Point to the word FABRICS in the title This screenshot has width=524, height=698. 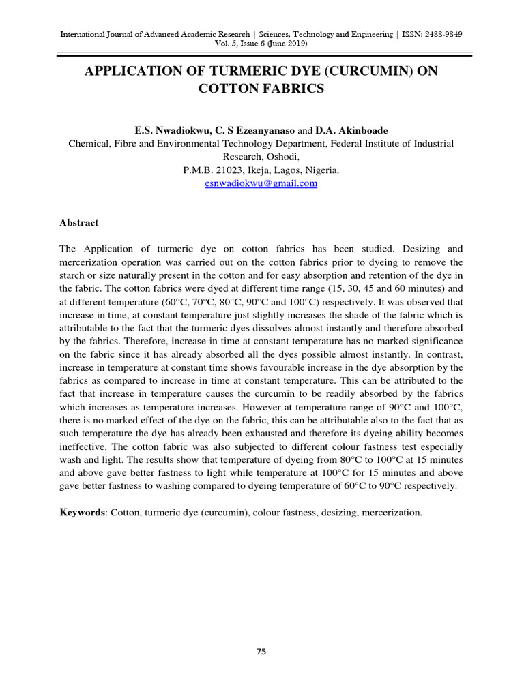pyautogui.click(x=292, y=89)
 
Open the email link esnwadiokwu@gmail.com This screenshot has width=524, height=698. pyautogui.click(x=261, y=183)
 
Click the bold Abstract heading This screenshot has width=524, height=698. pyautogui.click(x=79, y=222)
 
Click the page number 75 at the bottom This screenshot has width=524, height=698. pyautogui.click(x=261, y=652)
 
